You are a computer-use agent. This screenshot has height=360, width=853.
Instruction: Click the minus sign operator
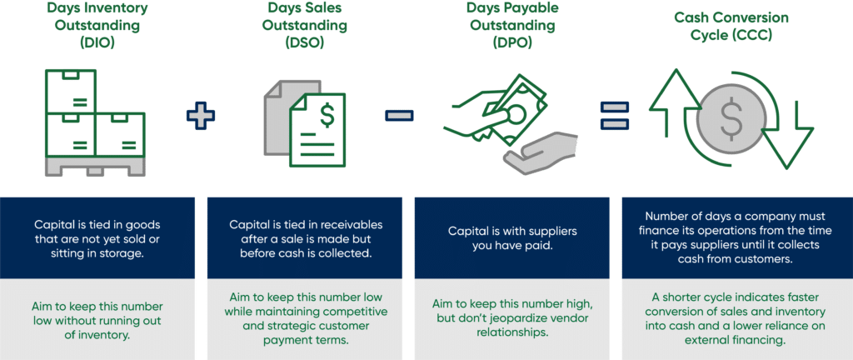tap(398, 114)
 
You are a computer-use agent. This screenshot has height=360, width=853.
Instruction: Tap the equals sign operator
tap(615, 114)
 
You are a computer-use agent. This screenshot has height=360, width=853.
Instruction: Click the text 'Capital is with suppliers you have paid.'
tap(512, 238)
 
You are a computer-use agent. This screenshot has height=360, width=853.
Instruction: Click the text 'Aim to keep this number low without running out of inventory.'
tap(97, 317)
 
